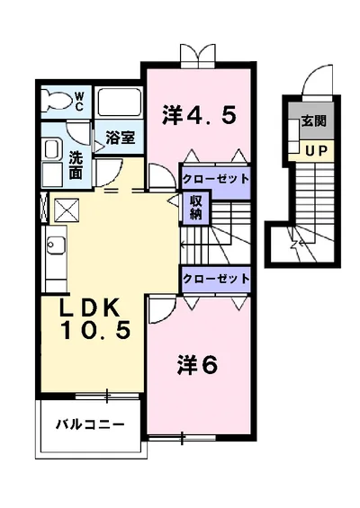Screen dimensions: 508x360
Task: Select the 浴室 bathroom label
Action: click(120, 138)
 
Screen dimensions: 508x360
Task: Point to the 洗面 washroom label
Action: click(76, 163)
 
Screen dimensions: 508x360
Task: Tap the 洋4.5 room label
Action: click(200, 114)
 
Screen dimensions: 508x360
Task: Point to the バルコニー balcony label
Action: click(87, 423)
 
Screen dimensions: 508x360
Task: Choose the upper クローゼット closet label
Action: click(216, 178)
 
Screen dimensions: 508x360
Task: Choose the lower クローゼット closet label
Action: click(216, 279)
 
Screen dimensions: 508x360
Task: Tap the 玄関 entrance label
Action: click(313, 120)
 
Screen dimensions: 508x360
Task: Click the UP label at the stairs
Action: click(316, 150)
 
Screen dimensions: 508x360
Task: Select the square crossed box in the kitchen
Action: click(67, 210)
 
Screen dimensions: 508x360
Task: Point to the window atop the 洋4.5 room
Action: click(198, 56)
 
